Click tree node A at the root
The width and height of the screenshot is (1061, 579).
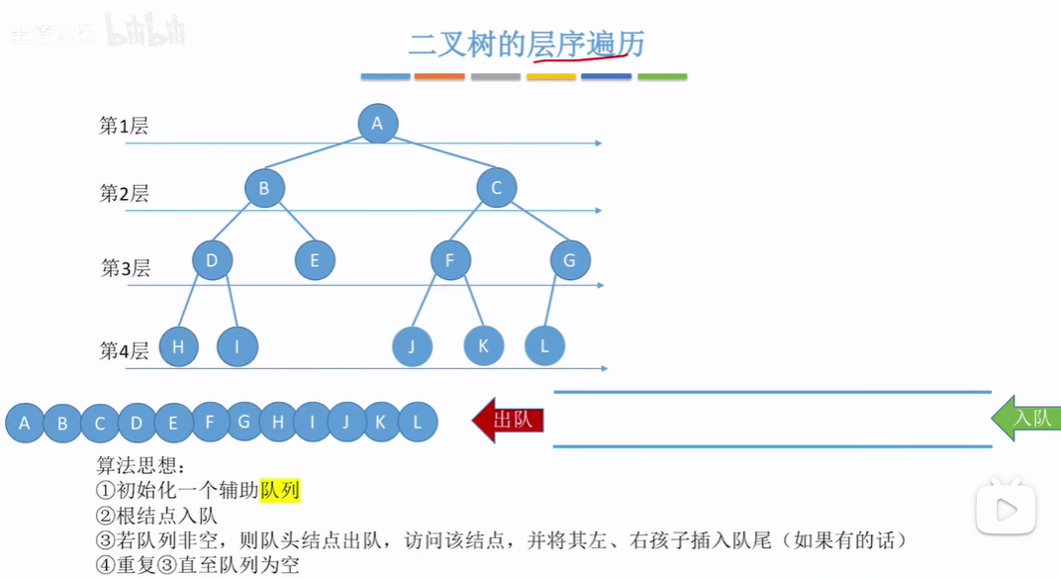pos(377,124)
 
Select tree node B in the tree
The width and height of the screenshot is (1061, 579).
pos(264,188)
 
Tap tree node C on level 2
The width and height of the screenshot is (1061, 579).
pos(497,188)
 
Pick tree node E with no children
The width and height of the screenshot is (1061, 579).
pos(315,260)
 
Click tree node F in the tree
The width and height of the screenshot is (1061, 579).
pos(450,260)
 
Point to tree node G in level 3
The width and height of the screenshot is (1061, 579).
pos(570,260)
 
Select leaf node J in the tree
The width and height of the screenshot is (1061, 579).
pos(412,346)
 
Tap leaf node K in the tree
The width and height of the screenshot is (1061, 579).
pos(484,345)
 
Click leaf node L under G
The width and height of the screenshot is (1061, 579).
pos(544,345)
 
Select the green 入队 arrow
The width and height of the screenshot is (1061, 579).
pos(1027,419)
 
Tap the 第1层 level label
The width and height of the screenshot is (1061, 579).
pos(124,126)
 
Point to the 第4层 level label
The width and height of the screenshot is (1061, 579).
pos(124,350)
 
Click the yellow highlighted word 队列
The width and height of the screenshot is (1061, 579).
pos(280,491)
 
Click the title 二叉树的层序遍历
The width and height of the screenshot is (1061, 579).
pos(527,45)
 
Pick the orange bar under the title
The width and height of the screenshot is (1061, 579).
pos(439,76)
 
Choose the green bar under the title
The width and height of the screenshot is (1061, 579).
pos(662,76)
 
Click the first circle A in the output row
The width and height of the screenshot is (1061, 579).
pos(25,424)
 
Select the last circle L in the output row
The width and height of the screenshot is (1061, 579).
pos(418,423)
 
